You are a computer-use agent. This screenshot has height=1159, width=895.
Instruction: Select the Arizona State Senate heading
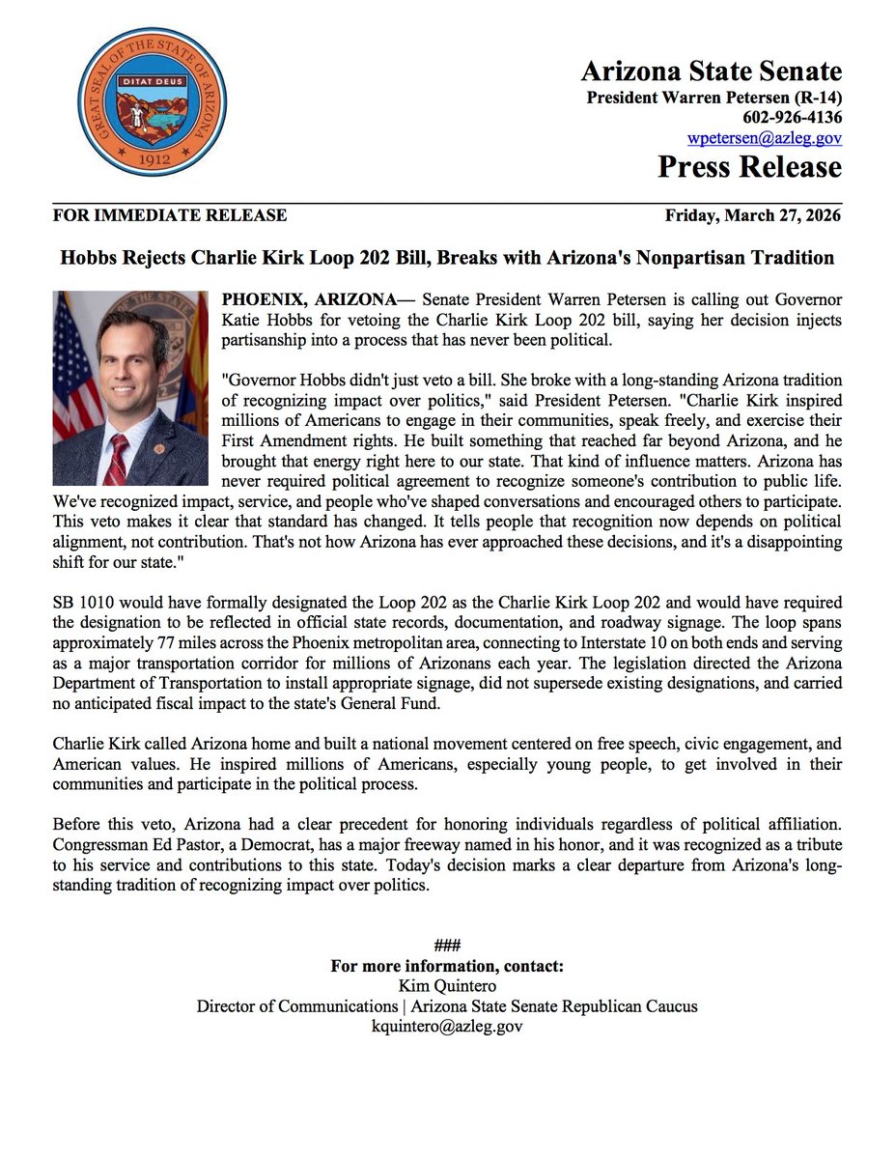click(711, 71)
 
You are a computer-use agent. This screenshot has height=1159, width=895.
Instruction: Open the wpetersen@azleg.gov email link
click(764, 137)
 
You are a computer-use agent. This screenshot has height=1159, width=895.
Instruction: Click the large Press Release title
click(749, 167)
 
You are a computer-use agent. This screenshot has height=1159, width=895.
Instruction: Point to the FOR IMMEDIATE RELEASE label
click(170, 215)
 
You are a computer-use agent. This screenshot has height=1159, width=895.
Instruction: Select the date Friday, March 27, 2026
click(753, 215)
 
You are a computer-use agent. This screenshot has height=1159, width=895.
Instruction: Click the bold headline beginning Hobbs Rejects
click(447, 258)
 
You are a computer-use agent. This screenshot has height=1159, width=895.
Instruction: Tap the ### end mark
click(447, 947)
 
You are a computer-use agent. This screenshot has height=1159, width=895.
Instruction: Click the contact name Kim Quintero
click(447, 986)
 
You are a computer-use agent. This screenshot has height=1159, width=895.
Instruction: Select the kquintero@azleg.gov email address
click(447, 1027)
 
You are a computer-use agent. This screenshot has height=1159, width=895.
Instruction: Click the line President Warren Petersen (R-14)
click(714, 98)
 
